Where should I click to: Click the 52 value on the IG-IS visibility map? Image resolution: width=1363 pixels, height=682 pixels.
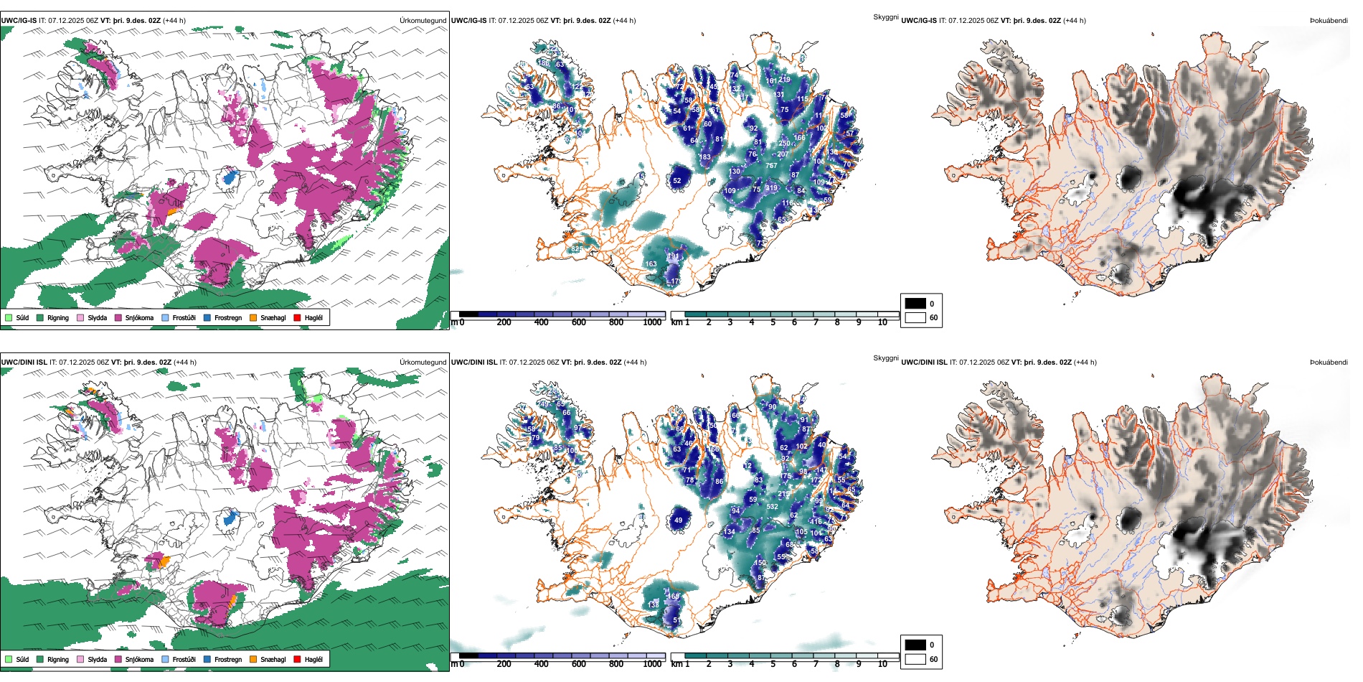[x=676, y=181]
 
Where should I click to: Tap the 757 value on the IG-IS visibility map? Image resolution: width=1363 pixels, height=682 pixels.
[x=771, y=166]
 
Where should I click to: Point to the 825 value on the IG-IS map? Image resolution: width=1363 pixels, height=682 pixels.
[x=577, y=249]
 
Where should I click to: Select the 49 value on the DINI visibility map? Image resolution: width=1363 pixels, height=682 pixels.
[x=678, y=520]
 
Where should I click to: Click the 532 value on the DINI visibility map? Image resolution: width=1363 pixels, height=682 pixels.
[x=772, y=507]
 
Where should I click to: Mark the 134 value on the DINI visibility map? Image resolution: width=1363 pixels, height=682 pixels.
[x=730, y=532]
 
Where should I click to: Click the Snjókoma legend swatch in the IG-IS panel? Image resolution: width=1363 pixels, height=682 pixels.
[x=118, y=317]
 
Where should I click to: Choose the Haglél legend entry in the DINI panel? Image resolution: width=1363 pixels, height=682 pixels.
[x=298, y=659]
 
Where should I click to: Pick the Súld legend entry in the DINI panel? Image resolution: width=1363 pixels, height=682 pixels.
[x=9, y=659]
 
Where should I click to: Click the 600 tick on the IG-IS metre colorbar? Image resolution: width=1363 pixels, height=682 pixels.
[x=579, y=322]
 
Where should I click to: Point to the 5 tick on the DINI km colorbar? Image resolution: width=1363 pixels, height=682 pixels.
[x=773, y=664]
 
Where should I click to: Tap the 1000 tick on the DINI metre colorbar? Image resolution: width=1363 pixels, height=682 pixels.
[x=652, y=664]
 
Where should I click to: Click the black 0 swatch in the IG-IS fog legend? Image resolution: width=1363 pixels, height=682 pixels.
[x=915, y=303]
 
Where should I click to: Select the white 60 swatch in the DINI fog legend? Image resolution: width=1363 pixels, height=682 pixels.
[x=915, y=658]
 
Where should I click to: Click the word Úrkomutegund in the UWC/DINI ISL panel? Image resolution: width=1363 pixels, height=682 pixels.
[x=423, y=363]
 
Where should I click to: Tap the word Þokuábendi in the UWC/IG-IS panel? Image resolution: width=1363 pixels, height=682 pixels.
[x=1329, y=21]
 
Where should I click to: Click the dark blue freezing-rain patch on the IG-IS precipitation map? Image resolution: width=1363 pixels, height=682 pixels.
[x=230, y=175]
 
